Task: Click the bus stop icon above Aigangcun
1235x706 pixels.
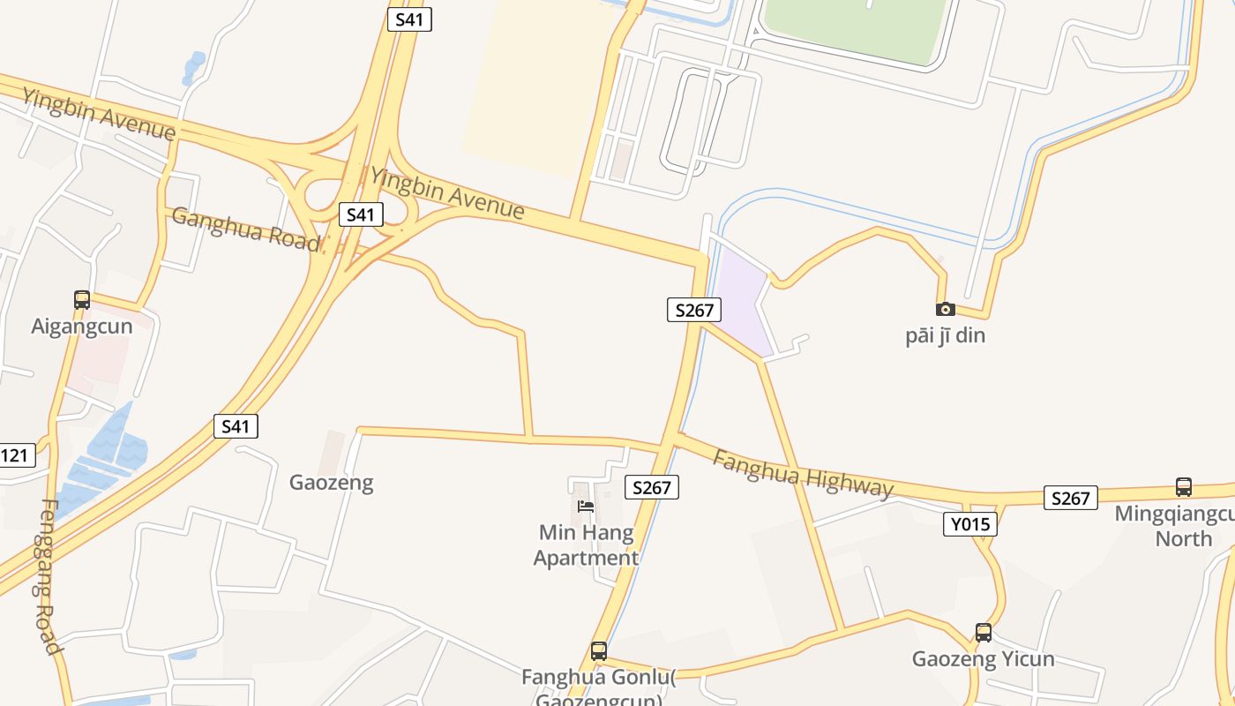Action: click(x=82, y=300)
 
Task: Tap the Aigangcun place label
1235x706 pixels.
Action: click(x=82, y=327)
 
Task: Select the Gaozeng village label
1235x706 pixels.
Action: click(x=332, y=483)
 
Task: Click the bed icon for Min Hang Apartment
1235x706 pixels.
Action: click(x=586, y=507)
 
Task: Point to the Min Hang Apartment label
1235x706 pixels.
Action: click(x=586, y=545)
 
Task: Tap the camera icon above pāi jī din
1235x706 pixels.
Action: click(x=945, y=309)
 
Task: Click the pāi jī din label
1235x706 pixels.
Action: click(x=945, y=336)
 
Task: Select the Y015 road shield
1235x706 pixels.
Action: click(x=970, y=524)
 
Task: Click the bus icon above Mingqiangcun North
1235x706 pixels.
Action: click(x=1184, y=486)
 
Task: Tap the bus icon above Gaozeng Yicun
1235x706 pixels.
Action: click(x=984, y=633)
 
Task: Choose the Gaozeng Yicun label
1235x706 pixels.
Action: click(x=983, y=659)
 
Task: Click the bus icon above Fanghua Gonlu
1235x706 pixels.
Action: click(x=599, y=651)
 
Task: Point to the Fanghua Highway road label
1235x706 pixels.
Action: click(x=803, y=475)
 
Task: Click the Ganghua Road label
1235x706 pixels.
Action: click(x=246, y=229)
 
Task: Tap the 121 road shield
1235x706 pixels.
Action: click(x=16, y=456)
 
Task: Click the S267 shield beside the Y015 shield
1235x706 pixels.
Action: click(x=1070, y=498)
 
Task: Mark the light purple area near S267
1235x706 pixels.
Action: click(x=739, y=300)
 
